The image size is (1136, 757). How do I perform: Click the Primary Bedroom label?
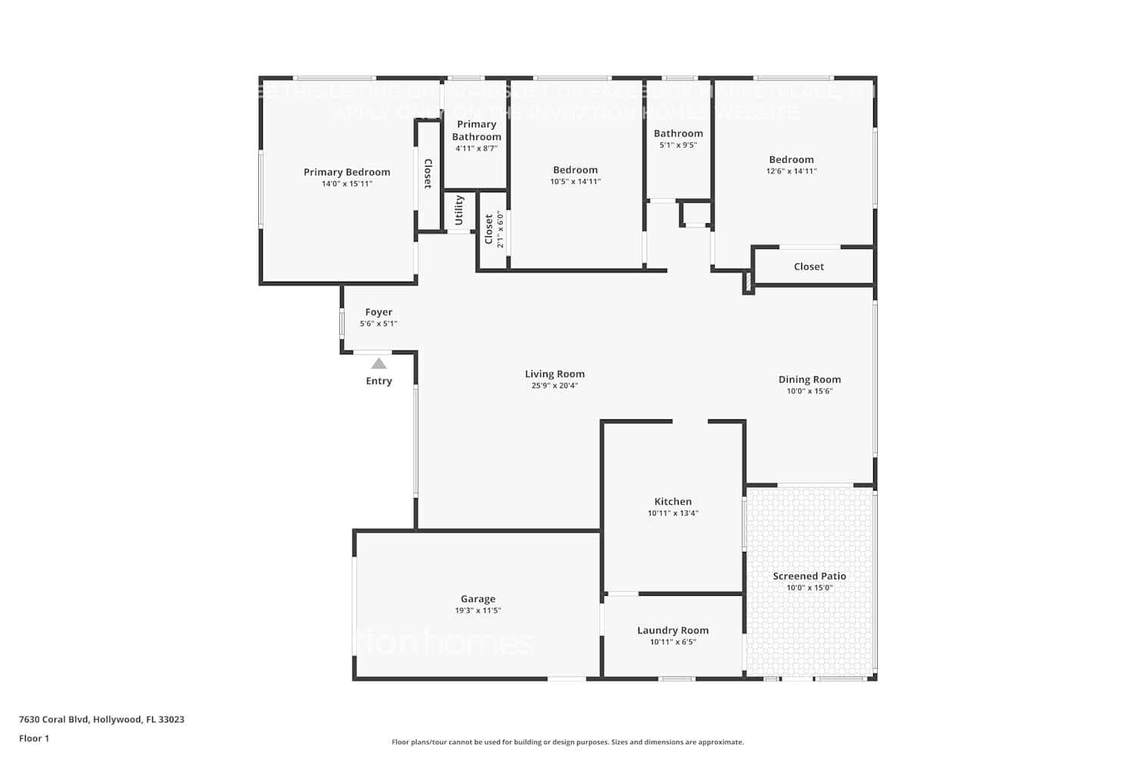347,173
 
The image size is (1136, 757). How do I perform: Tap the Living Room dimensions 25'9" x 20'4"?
554,386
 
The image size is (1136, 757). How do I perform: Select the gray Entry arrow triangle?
379,364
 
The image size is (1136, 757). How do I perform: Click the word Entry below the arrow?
379,382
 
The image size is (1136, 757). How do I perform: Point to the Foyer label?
379,312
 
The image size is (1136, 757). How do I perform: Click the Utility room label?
459,210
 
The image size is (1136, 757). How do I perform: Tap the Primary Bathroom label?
476,130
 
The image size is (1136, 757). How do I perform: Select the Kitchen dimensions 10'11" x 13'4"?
673,513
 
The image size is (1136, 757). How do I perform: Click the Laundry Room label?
673,631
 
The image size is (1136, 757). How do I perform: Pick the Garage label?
478,599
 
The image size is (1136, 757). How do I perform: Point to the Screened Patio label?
809,576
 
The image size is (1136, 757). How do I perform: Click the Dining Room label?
809,380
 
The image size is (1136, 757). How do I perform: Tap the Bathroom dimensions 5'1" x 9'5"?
678,145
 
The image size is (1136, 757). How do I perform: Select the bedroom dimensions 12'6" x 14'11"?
791,171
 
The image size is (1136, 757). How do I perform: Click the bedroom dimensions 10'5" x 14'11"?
575,182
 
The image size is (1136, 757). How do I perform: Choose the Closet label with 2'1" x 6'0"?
489,229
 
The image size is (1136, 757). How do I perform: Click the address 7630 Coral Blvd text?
101,720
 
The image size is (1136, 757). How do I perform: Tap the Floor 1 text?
34,739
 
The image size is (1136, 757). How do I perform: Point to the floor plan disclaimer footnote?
567,743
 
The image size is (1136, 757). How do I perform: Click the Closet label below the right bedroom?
809,266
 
